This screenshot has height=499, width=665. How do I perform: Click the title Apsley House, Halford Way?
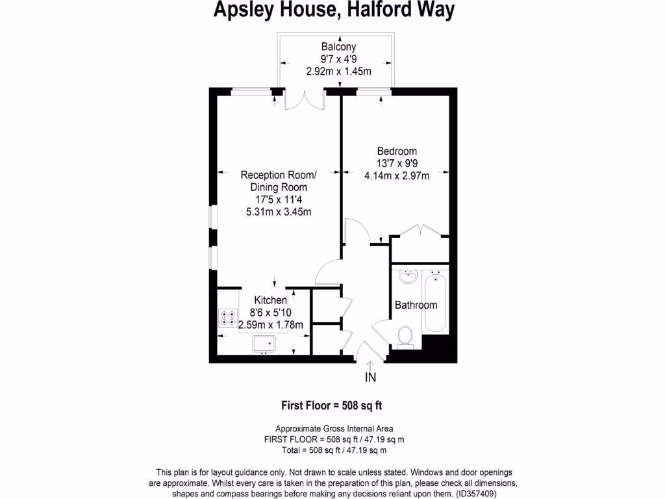334,11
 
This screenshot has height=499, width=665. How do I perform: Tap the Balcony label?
338,47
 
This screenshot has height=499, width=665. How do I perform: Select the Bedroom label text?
397,151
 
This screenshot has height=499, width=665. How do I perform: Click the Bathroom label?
416,305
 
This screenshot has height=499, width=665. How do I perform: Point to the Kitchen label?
270,300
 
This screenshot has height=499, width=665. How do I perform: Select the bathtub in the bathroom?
435,302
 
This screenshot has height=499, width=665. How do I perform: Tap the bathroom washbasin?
408,277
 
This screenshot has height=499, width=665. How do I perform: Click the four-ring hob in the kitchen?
229,316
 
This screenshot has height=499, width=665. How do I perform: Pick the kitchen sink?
264,344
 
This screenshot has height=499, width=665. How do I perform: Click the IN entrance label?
370,377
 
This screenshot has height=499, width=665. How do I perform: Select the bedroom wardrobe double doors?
421,231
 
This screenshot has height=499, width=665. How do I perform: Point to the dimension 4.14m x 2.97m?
397,175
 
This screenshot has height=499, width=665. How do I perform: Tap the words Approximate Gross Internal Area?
334,428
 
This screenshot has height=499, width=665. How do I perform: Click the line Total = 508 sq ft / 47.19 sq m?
334,450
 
